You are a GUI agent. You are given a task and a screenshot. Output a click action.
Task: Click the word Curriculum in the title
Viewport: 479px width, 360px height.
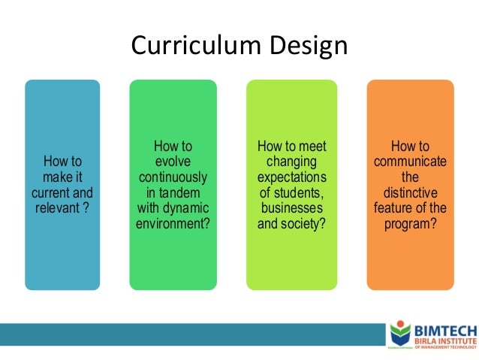click(x=191, y=47)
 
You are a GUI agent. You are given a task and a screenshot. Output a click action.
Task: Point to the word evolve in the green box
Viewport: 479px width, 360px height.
click(x=173, y=161)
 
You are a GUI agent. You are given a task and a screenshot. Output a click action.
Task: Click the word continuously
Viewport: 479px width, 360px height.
click(x=173, y=177)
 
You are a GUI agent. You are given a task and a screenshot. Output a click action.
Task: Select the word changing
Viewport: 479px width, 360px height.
click(x=292, y=161)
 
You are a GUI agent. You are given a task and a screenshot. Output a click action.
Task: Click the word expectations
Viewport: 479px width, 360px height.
click(x=292, y=177)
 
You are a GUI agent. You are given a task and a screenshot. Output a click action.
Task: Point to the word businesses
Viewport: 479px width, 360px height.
click(x=292, y=207)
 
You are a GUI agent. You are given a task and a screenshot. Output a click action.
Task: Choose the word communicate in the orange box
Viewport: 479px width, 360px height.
click(x=410, y=161)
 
